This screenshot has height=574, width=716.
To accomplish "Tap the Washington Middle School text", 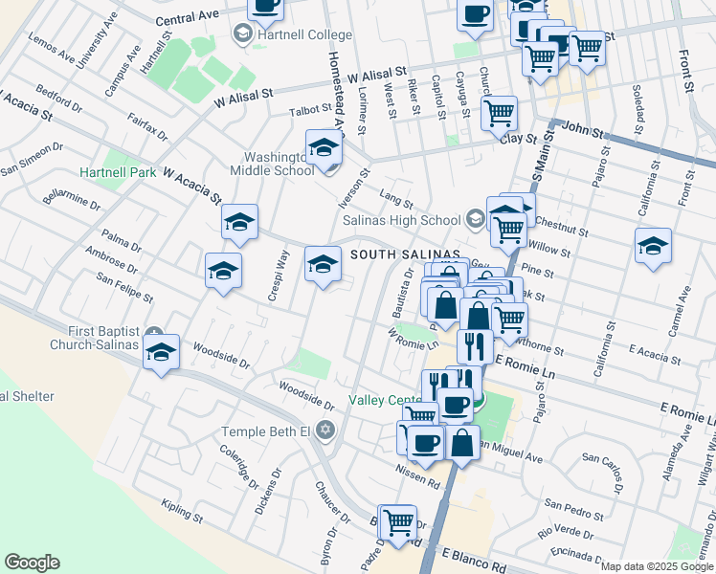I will [272, 162].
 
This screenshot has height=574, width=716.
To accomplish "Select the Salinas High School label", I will [403, 219].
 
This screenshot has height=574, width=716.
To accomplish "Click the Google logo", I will [33, 562].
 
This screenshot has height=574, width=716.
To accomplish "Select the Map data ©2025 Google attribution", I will [658, 566].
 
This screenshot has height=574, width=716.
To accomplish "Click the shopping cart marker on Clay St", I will [499, 113].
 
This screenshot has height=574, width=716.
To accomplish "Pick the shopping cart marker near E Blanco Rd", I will [398, 522].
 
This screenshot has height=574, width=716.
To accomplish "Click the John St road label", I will [581, 125].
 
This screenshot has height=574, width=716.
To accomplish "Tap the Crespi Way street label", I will [279, 276].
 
